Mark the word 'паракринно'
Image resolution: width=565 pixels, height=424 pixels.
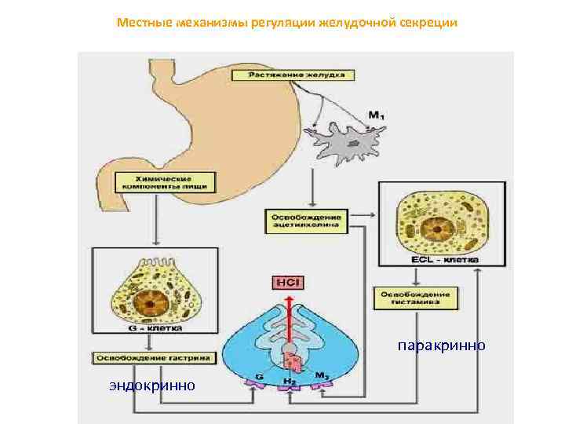pos(441,345)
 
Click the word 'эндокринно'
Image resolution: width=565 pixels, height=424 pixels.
pos(152,385)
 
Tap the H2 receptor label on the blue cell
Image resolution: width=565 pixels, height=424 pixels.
pos(290,381)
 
